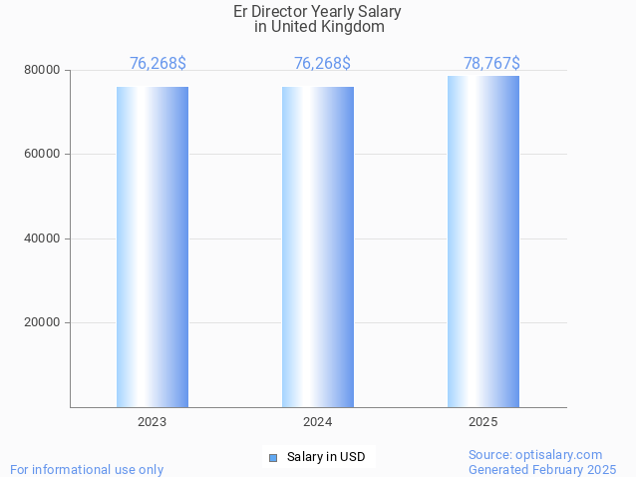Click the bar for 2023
(153, 246)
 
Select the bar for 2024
(318, 246)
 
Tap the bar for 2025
(483, 241)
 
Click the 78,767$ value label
(491, 64)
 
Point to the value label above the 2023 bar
(158, 64)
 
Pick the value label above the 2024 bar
(322, 64)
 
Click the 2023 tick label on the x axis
(153, 422)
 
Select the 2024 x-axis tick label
(318, 422)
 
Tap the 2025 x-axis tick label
(483, 422)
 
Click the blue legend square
(272, 458)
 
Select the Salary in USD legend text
(326, 458)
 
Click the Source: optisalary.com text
(535, 455)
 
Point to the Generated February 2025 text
(542, 469)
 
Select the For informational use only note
(87, 469)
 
